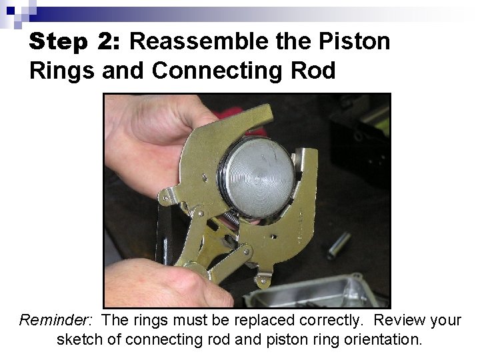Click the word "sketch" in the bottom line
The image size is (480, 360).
(x=79, y=340)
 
